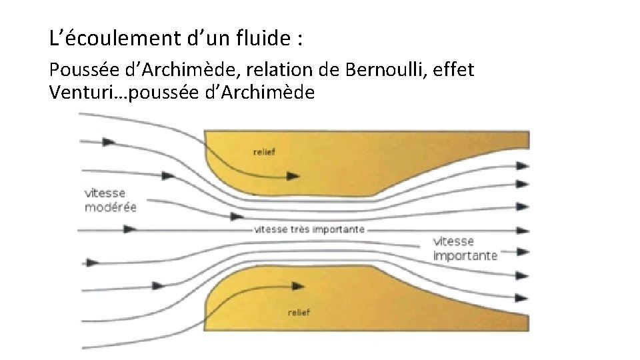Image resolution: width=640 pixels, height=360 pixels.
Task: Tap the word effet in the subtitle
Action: [x=456, y=69]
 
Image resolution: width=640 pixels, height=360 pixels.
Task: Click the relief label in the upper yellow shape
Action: [x=264, y=151]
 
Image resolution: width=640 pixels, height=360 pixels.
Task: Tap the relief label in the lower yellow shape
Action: [x=301, y=312]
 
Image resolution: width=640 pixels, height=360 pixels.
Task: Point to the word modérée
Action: [x=111, y=207]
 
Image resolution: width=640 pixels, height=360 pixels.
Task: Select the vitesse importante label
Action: [x=465, y=248]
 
